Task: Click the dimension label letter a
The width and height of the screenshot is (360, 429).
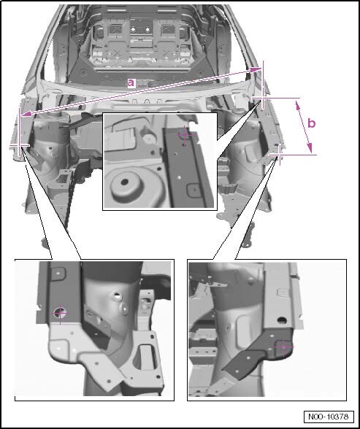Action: (x=131, y=83)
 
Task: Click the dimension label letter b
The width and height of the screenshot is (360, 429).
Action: (x=312, y=123)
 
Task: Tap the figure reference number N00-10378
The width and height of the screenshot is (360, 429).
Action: (x=329, y=417)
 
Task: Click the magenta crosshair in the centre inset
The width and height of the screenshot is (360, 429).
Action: (x=185, y=135)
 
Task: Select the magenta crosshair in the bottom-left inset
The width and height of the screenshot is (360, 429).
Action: (x=61, y=313)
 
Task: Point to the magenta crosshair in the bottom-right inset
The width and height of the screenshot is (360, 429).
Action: (x=283, y=347)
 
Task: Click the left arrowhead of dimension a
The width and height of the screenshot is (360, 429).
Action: (x=26, y=113)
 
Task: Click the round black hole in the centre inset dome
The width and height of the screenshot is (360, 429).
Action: (x=125, y=182)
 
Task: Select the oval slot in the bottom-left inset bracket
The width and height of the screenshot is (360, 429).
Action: (x=148, y=357)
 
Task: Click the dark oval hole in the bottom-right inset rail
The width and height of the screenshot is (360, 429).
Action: (x=281, y=320)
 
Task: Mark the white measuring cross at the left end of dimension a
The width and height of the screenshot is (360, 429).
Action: (x=20, y=145)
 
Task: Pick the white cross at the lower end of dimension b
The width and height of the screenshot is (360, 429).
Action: (x=279, y=155)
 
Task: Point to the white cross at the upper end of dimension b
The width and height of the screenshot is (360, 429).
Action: (x=263, y=98)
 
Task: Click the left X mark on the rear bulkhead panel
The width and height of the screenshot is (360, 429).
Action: (x=117, y=52)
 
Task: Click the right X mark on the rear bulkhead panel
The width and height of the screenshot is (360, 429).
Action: (x=167, y=53)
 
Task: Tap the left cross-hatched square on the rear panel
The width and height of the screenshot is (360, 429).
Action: (x=116, y=28)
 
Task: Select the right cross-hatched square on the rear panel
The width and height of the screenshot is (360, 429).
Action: (x=168, y=28)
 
